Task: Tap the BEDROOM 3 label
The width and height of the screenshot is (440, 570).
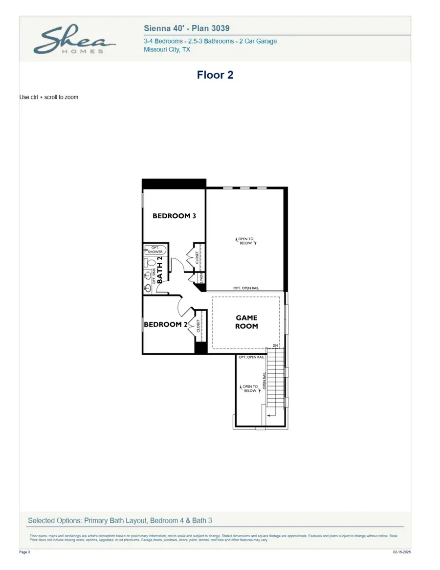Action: click(x=174, y=216)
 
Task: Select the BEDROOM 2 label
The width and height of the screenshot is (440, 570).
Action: click(x=165, y=324)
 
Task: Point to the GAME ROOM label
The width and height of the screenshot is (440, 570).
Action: click(x=246, y=322)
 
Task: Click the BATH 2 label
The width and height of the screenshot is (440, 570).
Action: click(x=159, y=269)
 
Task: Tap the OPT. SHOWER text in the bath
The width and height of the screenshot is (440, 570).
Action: click(x=155, y=250)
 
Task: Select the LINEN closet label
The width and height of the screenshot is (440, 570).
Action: click(x=201, y=279)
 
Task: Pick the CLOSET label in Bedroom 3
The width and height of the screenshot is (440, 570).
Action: click(x=197, y=258)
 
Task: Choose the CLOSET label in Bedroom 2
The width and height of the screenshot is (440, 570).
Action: click(x=198, y=326)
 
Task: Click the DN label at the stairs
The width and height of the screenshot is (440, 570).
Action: click(x=275, y=345)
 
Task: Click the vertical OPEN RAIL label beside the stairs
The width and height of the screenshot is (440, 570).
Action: click(x=264, y=380)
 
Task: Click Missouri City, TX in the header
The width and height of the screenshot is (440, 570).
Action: click(x=167, y=49)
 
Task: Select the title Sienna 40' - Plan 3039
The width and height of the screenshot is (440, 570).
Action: click(x=187, y=28)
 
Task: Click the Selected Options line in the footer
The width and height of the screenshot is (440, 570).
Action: click(x=120, y=521)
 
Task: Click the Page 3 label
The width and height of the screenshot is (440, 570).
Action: click(x=24, y=552)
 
